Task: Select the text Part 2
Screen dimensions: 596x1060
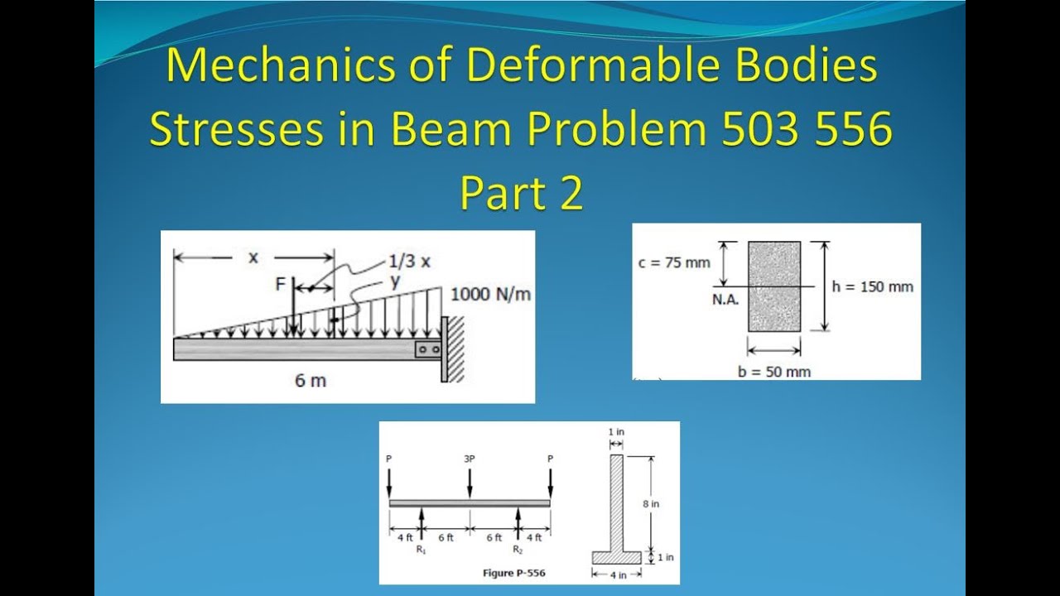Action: pyautogui.click(x=522, y=194)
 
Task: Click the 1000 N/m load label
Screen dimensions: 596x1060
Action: pyautogui.click(x=490, y=295)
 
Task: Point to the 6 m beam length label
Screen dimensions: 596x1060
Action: pyautogui.click(x=311, y=382)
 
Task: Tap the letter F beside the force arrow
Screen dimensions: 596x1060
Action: pyautogui.click(x=281, y=284)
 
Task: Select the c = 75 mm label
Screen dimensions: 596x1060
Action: pyautogui.click(x=674, y=262)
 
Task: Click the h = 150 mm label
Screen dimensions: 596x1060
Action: pyautogui.click(x=872, y=286)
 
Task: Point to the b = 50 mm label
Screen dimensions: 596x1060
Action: pyautogui.click(x=774, y=372)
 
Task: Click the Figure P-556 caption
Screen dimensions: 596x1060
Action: pyautogui.click(x=513, y=573)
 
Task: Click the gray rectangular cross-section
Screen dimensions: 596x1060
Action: pyautogui.click(x=774, y=286)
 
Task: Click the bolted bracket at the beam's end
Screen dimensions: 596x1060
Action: pyautogui.click(x=428, y=349)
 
